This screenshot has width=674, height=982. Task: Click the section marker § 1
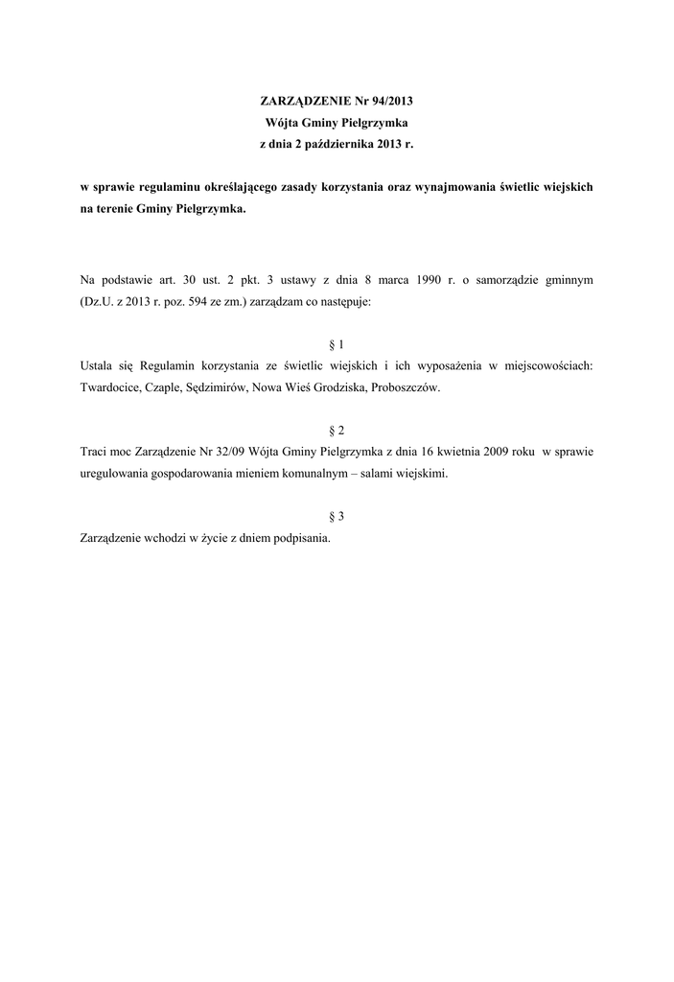point(337,344)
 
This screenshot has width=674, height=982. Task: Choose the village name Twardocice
point(110,387)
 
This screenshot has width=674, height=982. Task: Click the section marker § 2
point(337,431)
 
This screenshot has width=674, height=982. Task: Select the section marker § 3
point(337,516)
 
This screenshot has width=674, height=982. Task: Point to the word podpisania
point(300,538)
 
